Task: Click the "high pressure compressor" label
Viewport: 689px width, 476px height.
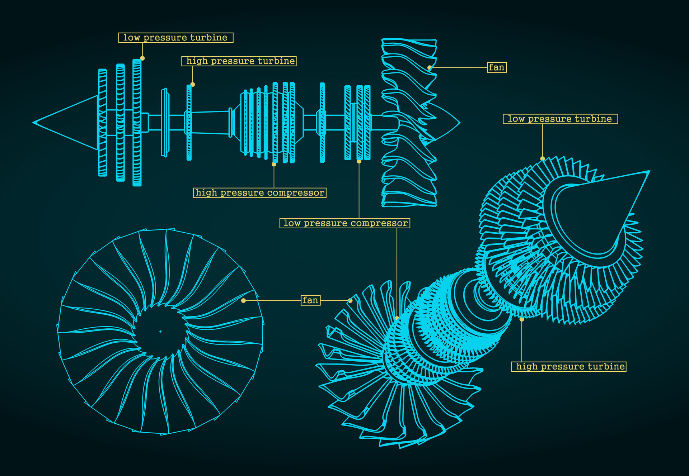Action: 260,193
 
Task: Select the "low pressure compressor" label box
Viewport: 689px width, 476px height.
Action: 345,223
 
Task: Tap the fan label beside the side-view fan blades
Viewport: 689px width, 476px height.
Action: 497,67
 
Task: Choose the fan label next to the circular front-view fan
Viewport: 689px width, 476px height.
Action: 310,300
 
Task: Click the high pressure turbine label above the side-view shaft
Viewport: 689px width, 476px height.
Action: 239,61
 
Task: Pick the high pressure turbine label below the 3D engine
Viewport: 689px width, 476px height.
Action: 569,367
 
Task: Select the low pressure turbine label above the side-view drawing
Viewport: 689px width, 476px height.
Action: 176,38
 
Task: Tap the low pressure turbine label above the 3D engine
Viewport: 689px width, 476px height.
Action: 560,119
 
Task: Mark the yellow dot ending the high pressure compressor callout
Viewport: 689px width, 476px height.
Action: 274,164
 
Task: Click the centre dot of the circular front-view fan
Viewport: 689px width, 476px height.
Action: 160,332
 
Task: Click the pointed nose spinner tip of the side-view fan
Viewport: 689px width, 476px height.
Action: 459,123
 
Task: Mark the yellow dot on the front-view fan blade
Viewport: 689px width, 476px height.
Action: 243,300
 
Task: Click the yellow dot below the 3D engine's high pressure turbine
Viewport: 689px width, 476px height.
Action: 521,319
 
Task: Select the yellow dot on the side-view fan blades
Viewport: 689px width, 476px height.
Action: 429,67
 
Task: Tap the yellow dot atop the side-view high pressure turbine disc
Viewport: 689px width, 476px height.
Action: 193,85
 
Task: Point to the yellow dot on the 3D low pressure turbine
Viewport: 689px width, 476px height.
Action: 542,158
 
